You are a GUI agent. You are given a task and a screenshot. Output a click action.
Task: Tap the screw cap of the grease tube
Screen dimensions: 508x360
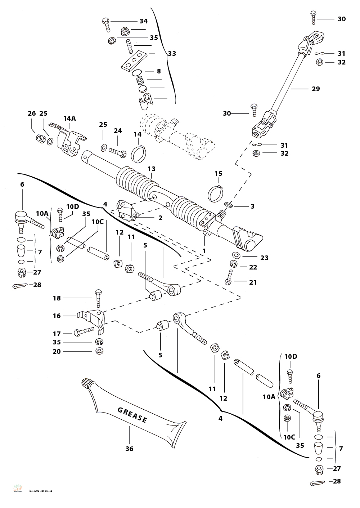pos(86,383)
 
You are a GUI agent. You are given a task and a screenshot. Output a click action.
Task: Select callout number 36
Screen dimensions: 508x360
pos(129,449)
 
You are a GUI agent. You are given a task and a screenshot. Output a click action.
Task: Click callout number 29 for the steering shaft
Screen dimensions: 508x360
pos(316,89)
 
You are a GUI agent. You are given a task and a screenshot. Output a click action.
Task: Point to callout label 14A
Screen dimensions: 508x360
pos(69,118)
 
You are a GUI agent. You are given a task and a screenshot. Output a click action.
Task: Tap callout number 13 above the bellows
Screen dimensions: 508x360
pos(151,169)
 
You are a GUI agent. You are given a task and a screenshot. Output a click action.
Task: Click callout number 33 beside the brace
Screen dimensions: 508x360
pos(172,54)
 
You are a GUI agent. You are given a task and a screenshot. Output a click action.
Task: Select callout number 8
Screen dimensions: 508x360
pos(159,71)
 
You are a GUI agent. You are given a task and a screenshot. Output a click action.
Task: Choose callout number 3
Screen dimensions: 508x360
pos(252,206)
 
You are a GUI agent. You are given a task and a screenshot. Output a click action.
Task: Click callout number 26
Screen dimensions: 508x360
pos(32,113)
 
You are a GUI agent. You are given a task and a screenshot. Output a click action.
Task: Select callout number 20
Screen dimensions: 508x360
pos(57,351)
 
